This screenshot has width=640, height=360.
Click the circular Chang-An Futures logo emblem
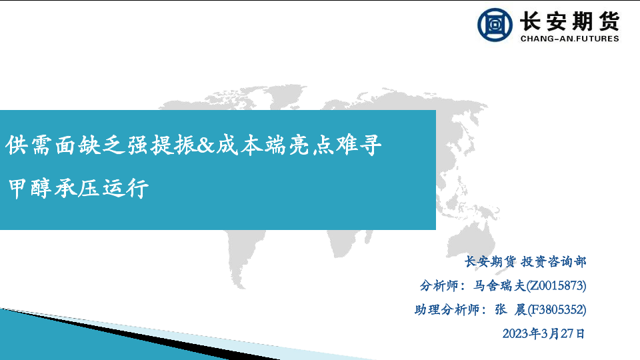tap(495, 25)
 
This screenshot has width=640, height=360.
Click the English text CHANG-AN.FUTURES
tap(570, 39)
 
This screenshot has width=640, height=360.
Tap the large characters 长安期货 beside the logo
tap(570, 21)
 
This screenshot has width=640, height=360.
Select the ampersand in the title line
tap(206, 145)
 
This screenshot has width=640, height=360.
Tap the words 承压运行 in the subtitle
tap(101, 188)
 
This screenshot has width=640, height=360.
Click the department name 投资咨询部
tap(553, 261)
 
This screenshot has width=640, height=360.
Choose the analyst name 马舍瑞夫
tap(499, 286)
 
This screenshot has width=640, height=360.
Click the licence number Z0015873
tap(556, 286)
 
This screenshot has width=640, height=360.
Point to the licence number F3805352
tap(557, 310)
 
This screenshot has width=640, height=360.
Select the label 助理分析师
tap(447, 310)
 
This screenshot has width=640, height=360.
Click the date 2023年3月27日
tap(544, 334)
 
